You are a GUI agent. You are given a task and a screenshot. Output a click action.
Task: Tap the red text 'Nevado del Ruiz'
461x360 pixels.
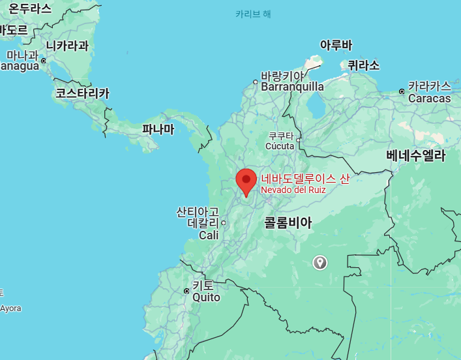293,190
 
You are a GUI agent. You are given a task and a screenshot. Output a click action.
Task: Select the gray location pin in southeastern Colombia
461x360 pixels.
320,262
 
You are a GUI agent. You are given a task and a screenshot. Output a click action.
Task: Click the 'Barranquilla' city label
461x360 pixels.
292,87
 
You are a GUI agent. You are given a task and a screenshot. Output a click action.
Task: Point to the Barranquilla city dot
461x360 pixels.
256,82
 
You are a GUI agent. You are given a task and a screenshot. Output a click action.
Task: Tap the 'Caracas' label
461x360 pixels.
429,98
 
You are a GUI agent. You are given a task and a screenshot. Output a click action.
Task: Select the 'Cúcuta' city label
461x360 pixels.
280,146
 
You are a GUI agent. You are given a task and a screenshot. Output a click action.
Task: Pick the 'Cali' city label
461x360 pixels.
209,235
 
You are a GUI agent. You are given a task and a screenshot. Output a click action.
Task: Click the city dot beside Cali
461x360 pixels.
223,222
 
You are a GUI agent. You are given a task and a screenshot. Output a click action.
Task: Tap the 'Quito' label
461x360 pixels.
206,297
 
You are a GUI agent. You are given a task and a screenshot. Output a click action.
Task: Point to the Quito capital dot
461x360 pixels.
186,291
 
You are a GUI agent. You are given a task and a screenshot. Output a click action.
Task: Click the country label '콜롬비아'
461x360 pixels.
288,223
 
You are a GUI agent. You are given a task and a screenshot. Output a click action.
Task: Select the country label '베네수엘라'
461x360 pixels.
415,156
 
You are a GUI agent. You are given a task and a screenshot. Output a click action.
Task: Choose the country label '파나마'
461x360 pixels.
158,129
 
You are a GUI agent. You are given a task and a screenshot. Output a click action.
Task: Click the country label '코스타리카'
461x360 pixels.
82,93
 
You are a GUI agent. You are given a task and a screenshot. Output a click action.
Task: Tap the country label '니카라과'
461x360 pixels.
67,46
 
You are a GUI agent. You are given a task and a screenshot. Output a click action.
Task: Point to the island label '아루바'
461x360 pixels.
336,45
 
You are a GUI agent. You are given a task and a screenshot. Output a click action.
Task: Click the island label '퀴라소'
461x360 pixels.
363,65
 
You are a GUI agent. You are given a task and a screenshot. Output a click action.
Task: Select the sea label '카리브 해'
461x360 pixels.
253,14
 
